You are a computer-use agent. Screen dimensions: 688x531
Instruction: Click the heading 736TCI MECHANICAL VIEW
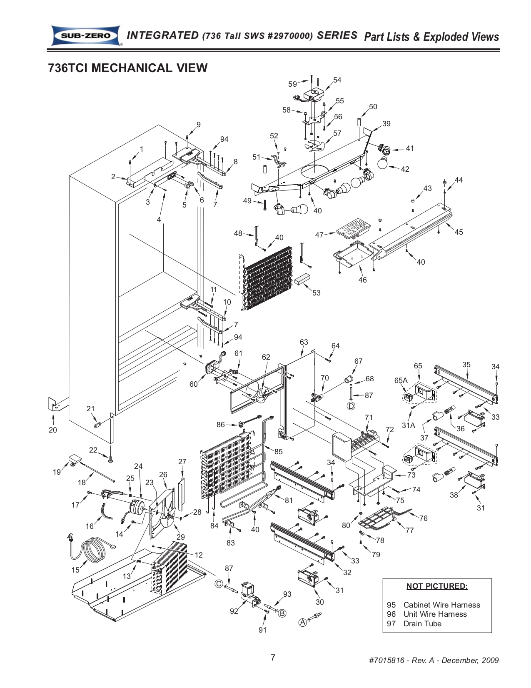pyautogui.click(x=128, y=68)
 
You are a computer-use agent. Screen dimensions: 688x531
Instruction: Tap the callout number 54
pyautogui.click(x=337, y=80)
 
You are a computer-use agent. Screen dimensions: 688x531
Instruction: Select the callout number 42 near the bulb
pyautogui.click(x=405, y=169)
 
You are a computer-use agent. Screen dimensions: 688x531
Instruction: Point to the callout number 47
pyautogui.click(x=319, y=235)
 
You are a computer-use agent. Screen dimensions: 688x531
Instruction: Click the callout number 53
pyautogui.click(x=317, y=293)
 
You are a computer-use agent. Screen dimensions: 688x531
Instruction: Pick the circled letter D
pyautogui.click(x=351, y=405)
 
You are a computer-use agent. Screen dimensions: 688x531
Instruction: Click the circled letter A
pyautogui.click(x=303, y=622)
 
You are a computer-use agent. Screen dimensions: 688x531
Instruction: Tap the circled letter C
pyautogui.click(x=219, y=583)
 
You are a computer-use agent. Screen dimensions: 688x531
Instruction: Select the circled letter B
pyautogui.click(x=282, y=613)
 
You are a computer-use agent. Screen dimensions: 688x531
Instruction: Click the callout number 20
pyautogui.click(x=52, y=430)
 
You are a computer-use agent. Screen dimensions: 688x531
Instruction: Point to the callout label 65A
pyautogui.click(x=401, y=380)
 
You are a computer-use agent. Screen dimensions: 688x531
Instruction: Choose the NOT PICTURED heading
pyautogui.click(x=437, y=586)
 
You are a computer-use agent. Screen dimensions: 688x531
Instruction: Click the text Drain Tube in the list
pyautogui.click(x=422, y=623)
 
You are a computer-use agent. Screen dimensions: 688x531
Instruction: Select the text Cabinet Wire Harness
pyautogui.click(x=441, y=605)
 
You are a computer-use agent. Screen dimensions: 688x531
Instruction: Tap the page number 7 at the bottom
pyautogui.click(x=273, y=658)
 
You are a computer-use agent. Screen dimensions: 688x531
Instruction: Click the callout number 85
pyautogui.click(x=278, y=451)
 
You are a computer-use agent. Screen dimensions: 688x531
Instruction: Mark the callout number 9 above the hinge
pyautogui.click(x=199, y=124)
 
